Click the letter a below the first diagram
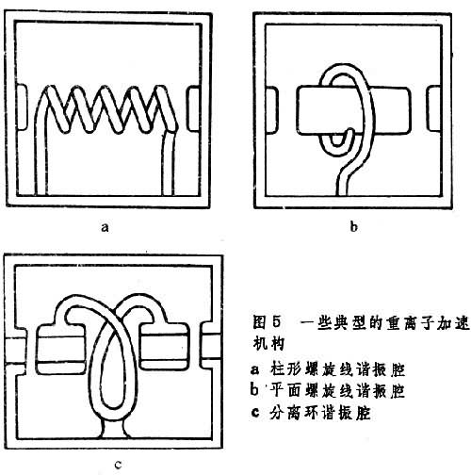coord(105,227)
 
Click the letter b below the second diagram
coord(354,226)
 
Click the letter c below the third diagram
coord(118,465)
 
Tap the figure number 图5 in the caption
coord(267,322)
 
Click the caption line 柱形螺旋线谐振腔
coord(337,369)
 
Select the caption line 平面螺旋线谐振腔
coord(337,391)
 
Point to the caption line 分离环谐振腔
coord(320,413)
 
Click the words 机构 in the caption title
coord(268,343)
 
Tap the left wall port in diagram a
coord(23,107)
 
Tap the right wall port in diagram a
coord(193,108)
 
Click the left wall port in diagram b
coord(272,110)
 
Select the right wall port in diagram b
coord(434,108)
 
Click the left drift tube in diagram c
coord(61,350)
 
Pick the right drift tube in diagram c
coord(164,347)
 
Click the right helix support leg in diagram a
coord(168,163)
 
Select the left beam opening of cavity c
coord(15,352)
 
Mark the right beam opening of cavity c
coord(211,346)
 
